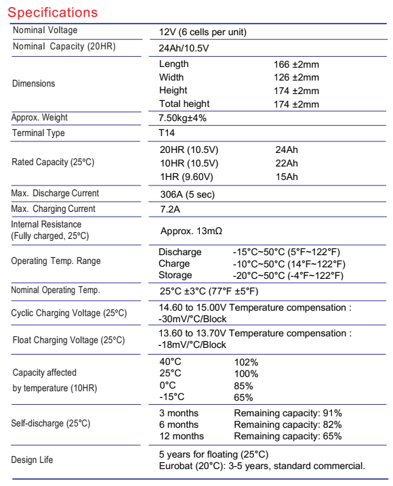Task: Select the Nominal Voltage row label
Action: tap(45, 30)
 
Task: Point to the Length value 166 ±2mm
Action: tap(295, 64)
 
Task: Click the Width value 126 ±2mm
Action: tap(295, 78)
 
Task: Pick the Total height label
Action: tap(184, 104)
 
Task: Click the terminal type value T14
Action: tap(165, 133)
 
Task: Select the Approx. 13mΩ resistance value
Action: tap(191, 231)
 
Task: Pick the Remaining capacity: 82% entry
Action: tap(288, 424)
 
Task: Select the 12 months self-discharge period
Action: tap(181, 437)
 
